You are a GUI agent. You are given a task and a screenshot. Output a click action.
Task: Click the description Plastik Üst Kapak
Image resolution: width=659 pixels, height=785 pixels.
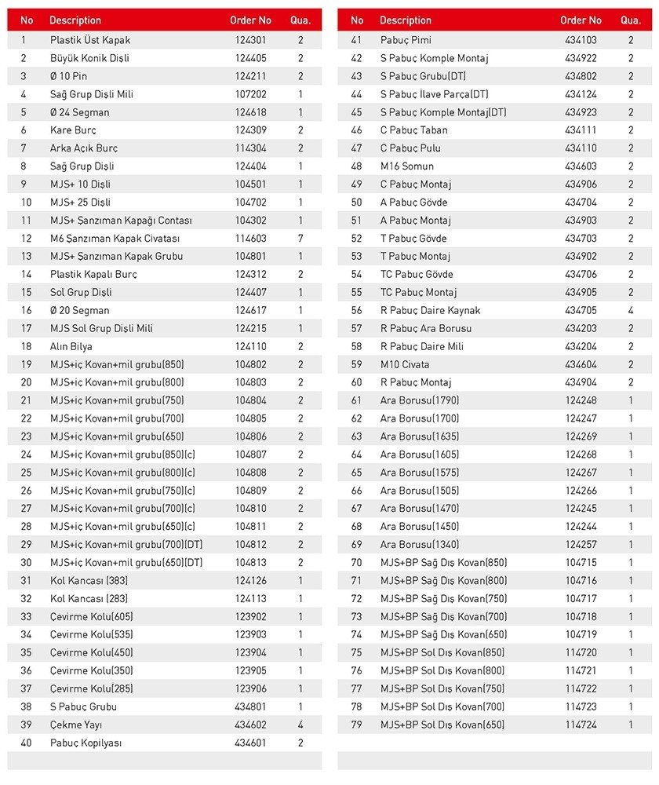coord(90,40)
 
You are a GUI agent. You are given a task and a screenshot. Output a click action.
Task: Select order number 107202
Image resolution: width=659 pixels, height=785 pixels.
coord(250,94)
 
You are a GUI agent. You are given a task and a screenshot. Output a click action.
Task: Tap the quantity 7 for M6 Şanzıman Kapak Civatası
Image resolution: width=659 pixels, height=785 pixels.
coord(300,239)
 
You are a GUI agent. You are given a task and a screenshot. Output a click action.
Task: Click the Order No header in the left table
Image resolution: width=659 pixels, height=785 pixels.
coord(250,20)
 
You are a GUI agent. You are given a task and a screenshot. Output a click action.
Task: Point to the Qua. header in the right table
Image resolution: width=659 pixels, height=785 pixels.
coord(631,20)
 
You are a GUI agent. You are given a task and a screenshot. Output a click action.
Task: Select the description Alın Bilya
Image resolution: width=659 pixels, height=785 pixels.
coord(71,346)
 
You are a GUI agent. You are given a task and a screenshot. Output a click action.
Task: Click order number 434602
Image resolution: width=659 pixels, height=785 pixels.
coord(250,725)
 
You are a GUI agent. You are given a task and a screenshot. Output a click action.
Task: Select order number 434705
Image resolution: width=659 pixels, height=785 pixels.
coord(581,310)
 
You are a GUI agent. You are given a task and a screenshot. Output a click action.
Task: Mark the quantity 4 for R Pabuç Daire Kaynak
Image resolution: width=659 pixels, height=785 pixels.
coord(631,310)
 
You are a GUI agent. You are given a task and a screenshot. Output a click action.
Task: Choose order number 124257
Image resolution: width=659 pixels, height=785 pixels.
coord(581,545)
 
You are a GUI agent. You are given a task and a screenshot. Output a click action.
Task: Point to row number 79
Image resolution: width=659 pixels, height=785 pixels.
coord(357,725)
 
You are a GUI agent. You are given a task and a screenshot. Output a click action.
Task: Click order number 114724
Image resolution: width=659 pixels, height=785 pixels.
coord(581,725)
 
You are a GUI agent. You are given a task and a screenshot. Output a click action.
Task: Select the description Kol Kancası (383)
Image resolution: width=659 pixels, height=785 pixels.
coord(89,581)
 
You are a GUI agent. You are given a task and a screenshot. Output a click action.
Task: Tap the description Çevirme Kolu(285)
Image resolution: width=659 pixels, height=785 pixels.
coord(91,688)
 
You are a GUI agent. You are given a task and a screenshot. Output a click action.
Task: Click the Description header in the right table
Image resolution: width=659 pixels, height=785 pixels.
coord(406,20)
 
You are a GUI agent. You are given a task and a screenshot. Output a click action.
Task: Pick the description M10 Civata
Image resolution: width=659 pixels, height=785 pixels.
coord(405,364)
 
